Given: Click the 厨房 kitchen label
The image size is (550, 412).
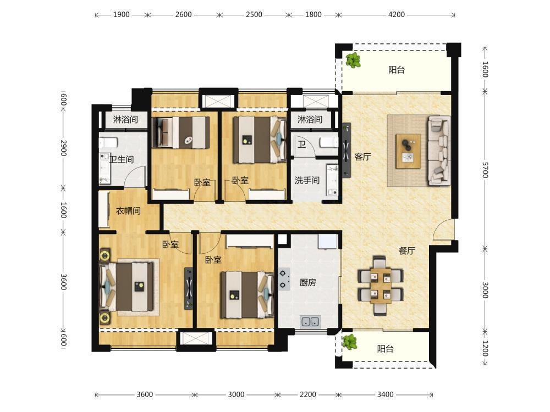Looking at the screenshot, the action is (307, 282).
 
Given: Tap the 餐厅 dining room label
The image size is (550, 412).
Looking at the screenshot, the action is (407, 250).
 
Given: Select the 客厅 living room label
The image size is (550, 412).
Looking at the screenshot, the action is (362, 157).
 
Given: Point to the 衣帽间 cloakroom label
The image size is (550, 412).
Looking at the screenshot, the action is (128, 211).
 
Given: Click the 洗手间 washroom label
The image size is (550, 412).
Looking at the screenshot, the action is (307, 180).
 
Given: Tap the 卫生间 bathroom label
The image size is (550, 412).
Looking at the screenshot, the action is (122, 159).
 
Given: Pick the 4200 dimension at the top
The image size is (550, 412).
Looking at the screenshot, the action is (397, 15).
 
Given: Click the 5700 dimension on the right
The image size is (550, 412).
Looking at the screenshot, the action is (485, 170).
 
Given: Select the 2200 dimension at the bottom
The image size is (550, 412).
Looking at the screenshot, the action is (307, 394).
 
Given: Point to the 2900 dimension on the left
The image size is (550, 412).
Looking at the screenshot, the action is (63, 148).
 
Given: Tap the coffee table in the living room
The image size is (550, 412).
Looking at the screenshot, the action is (408, 151).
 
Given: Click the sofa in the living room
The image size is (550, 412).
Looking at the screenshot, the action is (439, 151).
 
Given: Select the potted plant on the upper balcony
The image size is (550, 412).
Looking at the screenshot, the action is (353, 60).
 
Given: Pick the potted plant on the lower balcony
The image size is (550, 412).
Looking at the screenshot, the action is (350, 342).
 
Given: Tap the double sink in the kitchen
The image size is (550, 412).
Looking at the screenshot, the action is (310, 321).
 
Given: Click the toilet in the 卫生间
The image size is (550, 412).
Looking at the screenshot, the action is (108, 143).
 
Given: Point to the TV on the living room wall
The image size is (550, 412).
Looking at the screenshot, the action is (346, 151).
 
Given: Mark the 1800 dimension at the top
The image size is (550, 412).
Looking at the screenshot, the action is (313, 15).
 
